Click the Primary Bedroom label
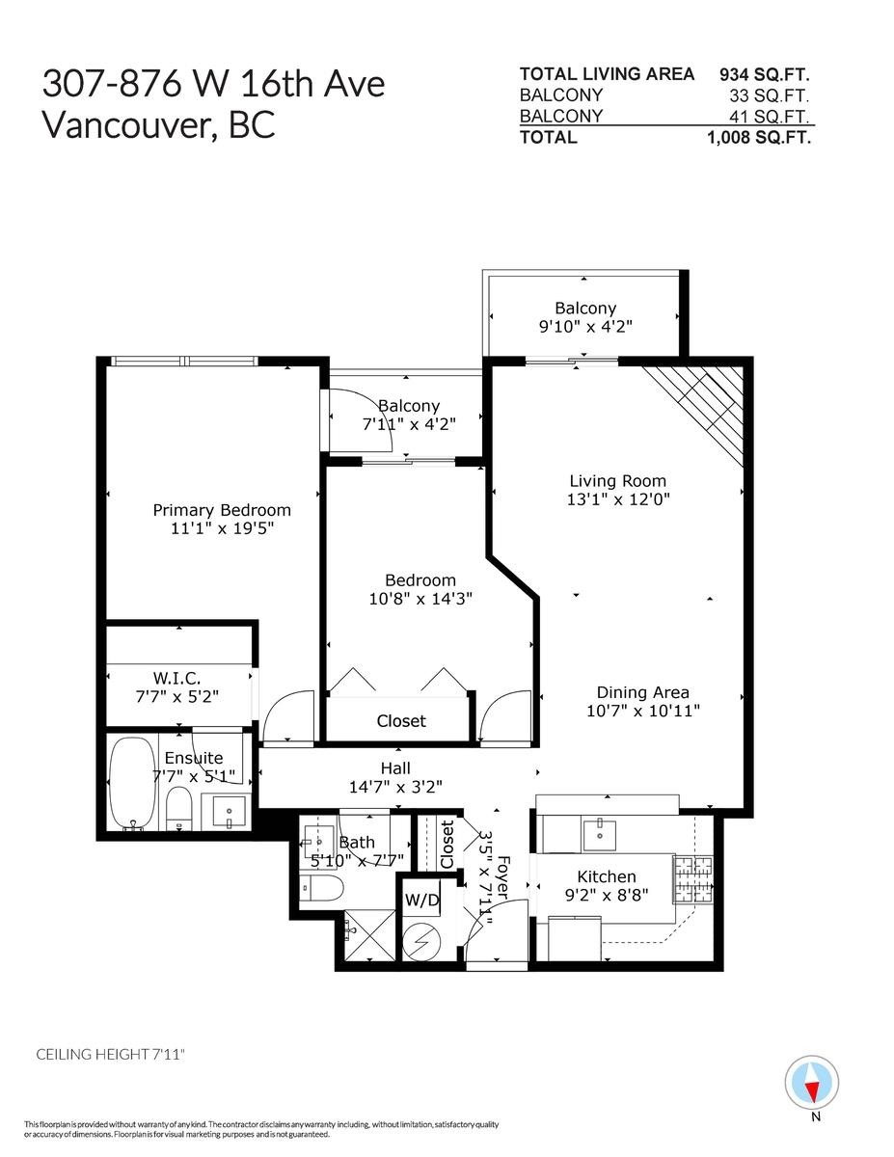coord(222,510)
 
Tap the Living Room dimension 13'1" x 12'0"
coord(617,499)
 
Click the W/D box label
coord(421,901)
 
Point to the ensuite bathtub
coord(129,782)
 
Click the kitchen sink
coord(600,833)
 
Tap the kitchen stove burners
coord(693,879)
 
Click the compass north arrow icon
coord(812,1084)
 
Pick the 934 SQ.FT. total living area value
coord(765,74)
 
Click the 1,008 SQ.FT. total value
coord(759,137)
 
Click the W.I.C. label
coord(176,680)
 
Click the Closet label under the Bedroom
coord(401,721)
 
